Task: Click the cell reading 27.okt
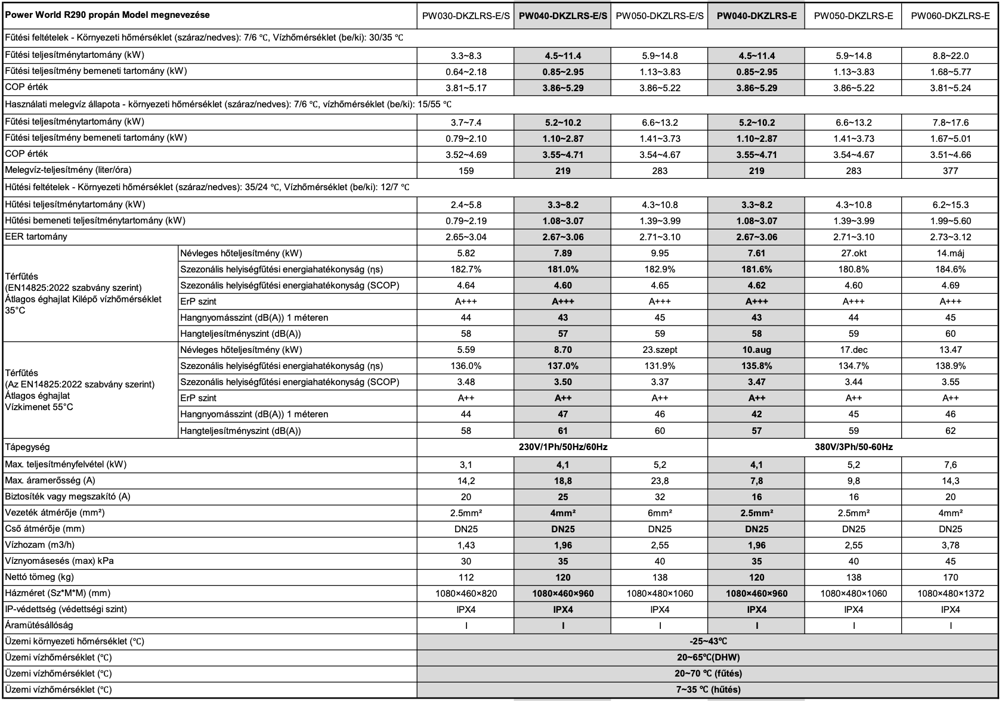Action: point(853,253)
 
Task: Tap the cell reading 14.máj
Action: point(950,253)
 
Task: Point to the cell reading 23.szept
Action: point(660,350)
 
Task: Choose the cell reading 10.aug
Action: point(756,350)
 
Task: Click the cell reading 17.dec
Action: point(853,350)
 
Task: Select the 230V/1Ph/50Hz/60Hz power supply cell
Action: point(562,446)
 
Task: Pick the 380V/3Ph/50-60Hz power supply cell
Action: point(853,446)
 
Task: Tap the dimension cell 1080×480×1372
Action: point(950,593)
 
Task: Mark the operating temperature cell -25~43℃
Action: point(708,641)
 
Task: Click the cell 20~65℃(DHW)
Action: point(708,657)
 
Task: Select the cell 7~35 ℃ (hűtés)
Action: point(708,690)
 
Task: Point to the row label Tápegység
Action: point(27,446)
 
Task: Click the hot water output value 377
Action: point(950,171)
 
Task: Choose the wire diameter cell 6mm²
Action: point(660,513)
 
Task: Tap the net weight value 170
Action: point(950,577)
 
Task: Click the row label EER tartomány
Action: point(36,237)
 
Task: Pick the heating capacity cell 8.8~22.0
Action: point(950,56)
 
